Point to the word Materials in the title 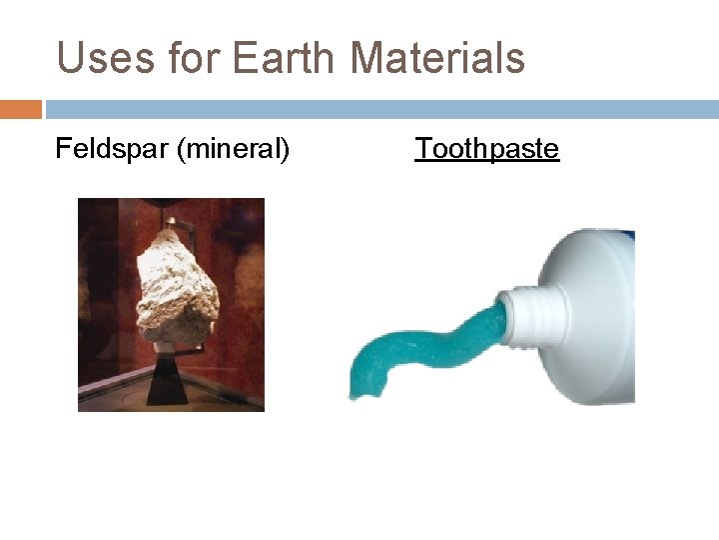(437, 58)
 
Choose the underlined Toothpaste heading (487, 149)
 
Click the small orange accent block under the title (21, 109)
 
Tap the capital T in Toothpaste (423, 149)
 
